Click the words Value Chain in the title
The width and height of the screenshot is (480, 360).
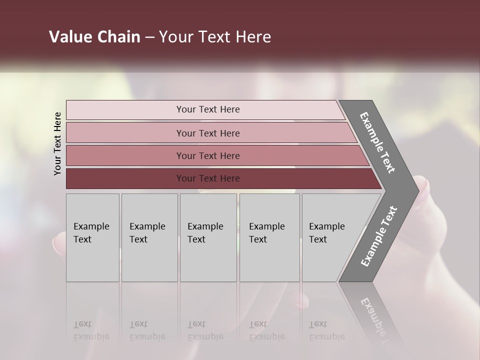(94, 37)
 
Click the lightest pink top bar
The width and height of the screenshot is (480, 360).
(125, 109)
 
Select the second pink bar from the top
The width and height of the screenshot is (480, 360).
(125, 133)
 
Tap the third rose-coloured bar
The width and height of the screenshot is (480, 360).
(125, 155)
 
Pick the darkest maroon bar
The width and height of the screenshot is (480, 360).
(125, 178)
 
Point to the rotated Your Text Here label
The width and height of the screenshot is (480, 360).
(57, 143)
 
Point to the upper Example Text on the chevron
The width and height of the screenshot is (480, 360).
(377, 142)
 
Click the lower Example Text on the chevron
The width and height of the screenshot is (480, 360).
(379, 236)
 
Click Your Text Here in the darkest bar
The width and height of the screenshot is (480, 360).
(208, 178)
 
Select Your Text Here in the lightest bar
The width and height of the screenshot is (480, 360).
(208, 109)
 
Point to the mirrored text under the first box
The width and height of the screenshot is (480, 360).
(91, 330)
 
